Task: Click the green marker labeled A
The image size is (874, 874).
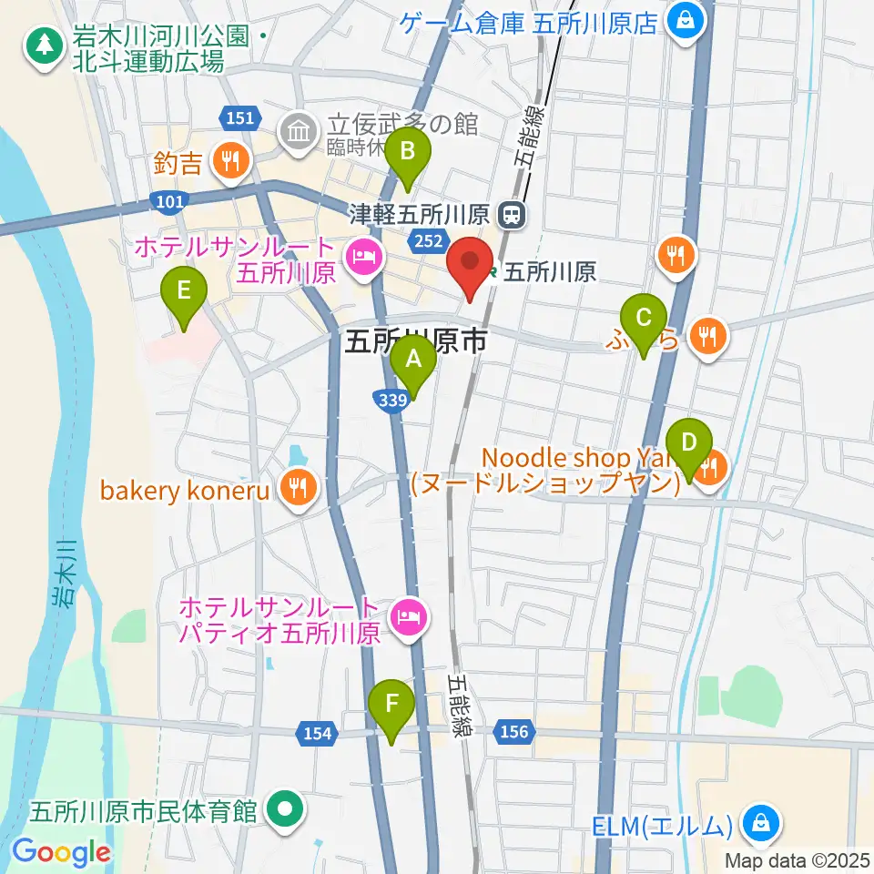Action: click(x=413, y=360)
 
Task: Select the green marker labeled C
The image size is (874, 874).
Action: click(x=644, y=319)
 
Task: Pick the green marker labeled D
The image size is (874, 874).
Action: click(x=689, y=443)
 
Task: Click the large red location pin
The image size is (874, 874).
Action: click(x=470, y=263)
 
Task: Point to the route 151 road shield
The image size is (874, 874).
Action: click(x=241, y=118)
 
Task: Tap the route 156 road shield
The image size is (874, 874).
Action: click(x=513, y=732)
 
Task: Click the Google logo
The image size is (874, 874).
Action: click(x=61, y=853)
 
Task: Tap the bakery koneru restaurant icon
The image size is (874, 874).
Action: click(x=297, y=490)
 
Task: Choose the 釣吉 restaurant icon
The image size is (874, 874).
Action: click(x=228, y=162)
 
